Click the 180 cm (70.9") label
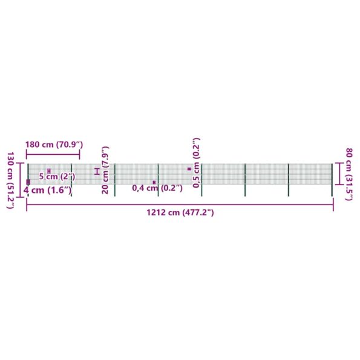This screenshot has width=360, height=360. click(54, 145)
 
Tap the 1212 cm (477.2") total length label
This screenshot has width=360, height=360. click(180, 212)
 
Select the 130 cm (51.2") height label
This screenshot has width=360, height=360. click(10, 180)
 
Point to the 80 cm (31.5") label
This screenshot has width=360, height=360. click(349, 174)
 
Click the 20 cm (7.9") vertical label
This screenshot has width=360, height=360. click(105, 170)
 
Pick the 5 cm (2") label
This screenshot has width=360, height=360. click(57, 177)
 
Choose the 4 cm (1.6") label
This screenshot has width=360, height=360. click(48, 190)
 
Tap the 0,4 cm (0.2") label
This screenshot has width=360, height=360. click(157, 188)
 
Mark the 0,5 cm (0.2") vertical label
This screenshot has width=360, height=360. click(196, 163)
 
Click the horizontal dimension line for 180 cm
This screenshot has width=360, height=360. click(53, 154)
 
